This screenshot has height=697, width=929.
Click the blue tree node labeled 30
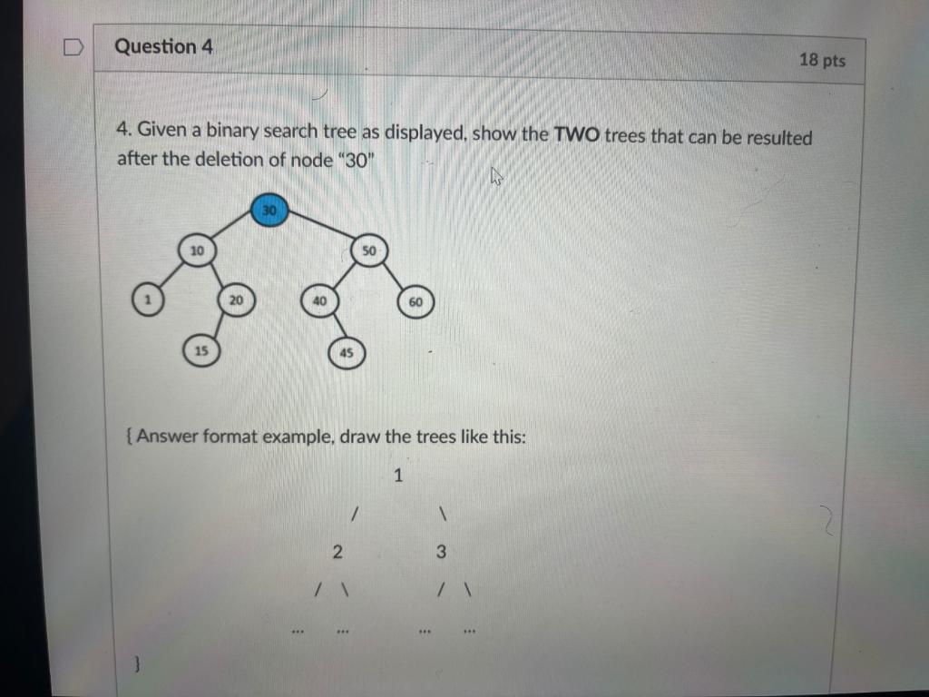coord(269,211)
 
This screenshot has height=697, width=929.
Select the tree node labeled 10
coord(197,250)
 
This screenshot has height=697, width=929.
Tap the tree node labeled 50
coord(368,250)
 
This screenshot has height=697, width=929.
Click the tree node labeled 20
coord(235,300)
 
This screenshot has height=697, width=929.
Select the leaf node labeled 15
coord(202,349)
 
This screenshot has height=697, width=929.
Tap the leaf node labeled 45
coord(346,353)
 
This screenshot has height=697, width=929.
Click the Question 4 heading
coord(163,46)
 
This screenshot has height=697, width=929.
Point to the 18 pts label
coord(822,60)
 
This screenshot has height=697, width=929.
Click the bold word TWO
coord(577,135)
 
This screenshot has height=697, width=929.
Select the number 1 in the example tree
coord(397,475)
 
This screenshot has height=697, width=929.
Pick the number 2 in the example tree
coord(337,551)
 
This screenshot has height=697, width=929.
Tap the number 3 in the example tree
coord(441,551)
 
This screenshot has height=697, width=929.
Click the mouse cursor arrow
coord(496,176)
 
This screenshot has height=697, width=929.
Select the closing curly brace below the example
coord(137,665)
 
